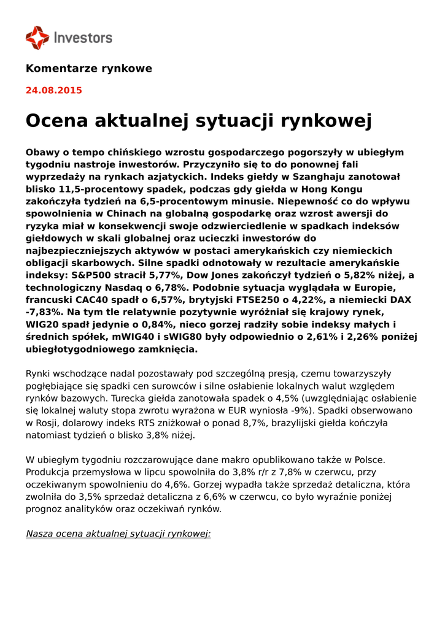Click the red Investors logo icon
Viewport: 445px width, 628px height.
click(37, 37)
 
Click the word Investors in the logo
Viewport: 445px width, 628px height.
click(83, 38)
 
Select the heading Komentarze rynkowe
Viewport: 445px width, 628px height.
click(88, 69)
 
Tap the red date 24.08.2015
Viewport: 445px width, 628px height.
click(53, 91)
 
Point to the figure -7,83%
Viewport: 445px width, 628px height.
click(42, 312)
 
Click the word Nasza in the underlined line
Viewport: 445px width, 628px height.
click(39, 533)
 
